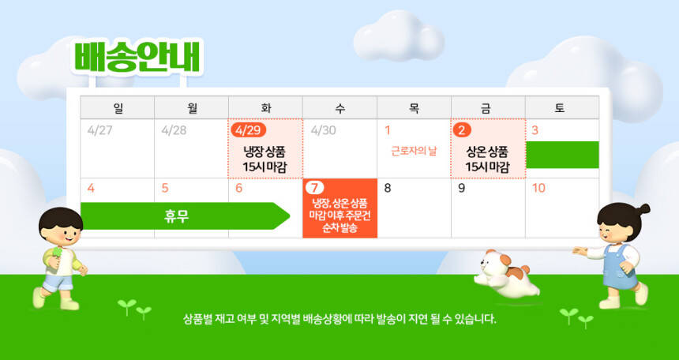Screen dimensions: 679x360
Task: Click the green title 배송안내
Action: (x=137, y=57)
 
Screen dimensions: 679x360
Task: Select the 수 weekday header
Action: (x=340, y=108)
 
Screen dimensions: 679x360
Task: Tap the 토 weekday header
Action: (x=561, y=108)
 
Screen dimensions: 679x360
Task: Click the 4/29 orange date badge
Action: (x=248, y=130)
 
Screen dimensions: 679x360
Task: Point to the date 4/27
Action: (x=99, y=130)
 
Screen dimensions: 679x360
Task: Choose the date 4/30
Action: (x=323, y=130)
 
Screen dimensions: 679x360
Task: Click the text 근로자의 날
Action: (x=414, y=152)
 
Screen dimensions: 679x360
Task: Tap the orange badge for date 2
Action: (x=462, y=130)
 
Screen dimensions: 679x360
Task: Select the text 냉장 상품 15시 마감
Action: (x=265, y=159)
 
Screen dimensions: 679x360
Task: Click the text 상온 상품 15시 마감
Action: (x=488, y=159)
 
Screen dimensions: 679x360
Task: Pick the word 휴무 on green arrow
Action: (x=177, y=216)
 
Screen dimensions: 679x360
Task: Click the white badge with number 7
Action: (x=314, y=188)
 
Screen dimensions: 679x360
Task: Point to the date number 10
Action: (x=538, y=189)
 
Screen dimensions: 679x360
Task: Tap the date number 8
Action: (x=388, y=189)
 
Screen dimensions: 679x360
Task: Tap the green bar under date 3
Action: (x=562, y=155)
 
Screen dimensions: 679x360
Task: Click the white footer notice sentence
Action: (x=339, y=320)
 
